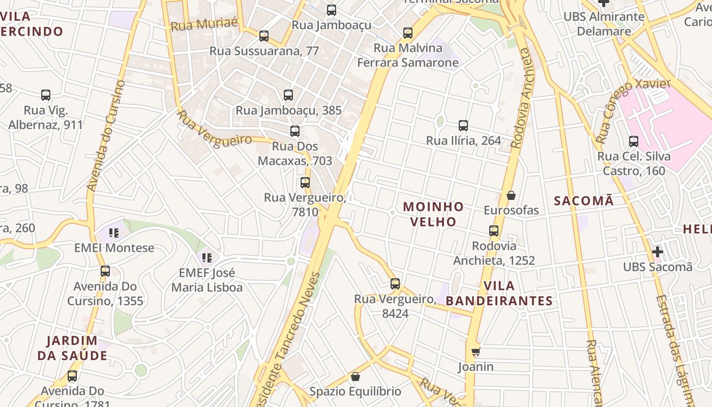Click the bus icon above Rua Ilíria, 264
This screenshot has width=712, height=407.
pyautogui.click(x=463, y=126)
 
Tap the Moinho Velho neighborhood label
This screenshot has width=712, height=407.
pyautogui.click(x=433, y=214)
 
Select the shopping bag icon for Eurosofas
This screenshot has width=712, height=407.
pyautogui.click(x=511, y=195)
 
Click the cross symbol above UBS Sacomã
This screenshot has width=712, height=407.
pyautogui.click(x=658, y=251)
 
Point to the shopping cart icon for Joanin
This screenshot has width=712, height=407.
pyautogui.click(x=476, y=352)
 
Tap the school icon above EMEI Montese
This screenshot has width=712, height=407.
pyautogui.click(x=114, y=233)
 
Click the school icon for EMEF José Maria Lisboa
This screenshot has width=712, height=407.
pyautogui.click(x=206, y=258)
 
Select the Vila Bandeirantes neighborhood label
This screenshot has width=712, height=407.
pyautogui.click(x=499, y=293)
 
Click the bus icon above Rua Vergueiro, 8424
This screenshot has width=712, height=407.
pyautogui.click(x=395, y=284)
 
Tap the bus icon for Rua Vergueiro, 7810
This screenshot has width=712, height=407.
pyautogui.click(x=305, y=183)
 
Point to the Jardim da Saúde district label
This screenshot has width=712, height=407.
pyautogui.click(x=72, y=348)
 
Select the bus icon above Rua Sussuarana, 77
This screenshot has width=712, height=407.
pyautogui.click(x=264, y=36)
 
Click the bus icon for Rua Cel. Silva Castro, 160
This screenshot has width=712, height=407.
pyautogui.click(x=634, y=141)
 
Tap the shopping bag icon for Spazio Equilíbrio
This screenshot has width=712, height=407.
pyautogui.click(x=355, y=376)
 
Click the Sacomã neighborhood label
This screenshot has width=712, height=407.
pyautogui.click(x=584, y=201)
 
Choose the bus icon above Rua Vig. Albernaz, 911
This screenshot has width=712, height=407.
pyautogui.click(x=46, y=95)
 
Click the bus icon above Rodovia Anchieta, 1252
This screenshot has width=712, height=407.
pyautogui.click(x=494, y=231)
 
